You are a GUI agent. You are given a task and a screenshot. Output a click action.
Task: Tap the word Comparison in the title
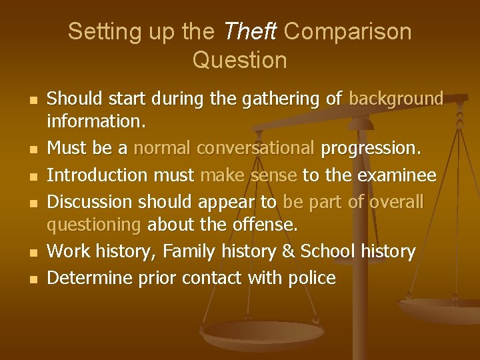(x=348, y=31)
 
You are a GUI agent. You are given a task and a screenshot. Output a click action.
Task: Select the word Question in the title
(x=239, y=60)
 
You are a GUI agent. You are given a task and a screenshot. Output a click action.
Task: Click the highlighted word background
(x=396, y=99)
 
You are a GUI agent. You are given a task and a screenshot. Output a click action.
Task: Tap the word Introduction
(x=97, y=175)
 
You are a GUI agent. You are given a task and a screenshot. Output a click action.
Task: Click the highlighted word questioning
(x=93, y=226)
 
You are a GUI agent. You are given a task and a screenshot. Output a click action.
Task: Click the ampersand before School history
(x=289, y=252)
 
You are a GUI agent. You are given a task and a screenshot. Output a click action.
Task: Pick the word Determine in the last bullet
(x=90, y=277)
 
